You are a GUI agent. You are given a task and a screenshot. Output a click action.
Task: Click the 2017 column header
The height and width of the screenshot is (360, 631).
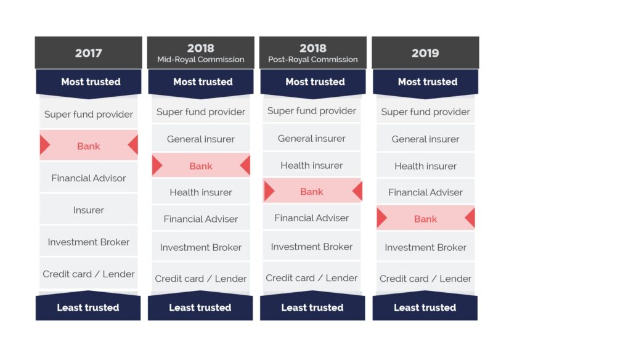(89, 53)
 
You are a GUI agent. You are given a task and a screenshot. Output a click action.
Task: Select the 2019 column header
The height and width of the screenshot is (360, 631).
(425, 53)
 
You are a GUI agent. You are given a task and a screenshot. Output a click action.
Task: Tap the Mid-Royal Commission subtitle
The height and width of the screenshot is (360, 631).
(201, 60)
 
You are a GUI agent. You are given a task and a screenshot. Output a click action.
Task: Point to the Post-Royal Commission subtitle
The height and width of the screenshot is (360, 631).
(313, 60)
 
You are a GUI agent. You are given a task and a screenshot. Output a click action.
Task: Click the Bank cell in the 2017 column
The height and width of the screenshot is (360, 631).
(89, 145)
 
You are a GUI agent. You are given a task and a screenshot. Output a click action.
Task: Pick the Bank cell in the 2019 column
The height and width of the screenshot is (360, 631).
(425, 218)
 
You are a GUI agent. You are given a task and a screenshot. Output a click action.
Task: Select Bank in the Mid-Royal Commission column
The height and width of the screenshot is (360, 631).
(201, 165)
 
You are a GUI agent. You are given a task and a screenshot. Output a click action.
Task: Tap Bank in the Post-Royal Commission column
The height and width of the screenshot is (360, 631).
(312, 191)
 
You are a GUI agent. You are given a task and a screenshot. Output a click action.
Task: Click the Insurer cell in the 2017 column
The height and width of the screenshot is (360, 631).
(89, 210)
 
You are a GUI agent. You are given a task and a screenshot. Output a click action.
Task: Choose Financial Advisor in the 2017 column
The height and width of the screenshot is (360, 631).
(89, 178)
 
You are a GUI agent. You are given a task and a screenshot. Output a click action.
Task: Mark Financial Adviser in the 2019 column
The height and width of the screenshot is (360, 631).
(425, 192)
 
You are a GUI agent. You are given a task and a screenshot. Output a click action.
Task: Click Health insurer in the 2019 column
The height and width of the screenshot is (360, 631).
(425, 165)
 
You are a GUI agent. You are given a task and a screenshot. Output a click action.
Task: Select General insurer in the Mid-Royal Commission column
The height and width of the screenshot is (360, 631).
(201, 139)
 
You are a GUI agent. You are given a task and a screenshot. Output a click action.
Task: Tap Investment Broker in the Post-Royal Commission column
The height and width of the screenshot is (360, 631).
(312, 247)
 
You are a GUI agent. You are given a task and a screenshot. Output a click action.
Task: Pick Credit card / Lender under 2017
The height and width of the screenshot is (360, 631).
(89, 274)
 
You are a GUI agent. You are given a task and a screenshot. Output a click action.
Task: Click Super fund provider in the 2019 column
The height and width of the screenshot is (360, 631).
(425, 111)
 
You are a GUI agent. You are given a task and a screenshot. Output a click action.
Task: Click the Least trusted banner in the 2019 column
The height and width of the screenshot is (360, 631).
(425, 306)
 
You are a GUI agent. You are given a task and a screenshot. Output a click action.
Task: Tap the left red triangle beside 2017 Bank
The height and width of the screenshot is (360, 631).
(44, 145)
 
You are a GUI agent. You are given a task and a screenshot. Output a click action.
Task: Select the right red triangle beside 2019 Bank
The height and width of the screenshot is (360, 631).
(470, 218)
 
